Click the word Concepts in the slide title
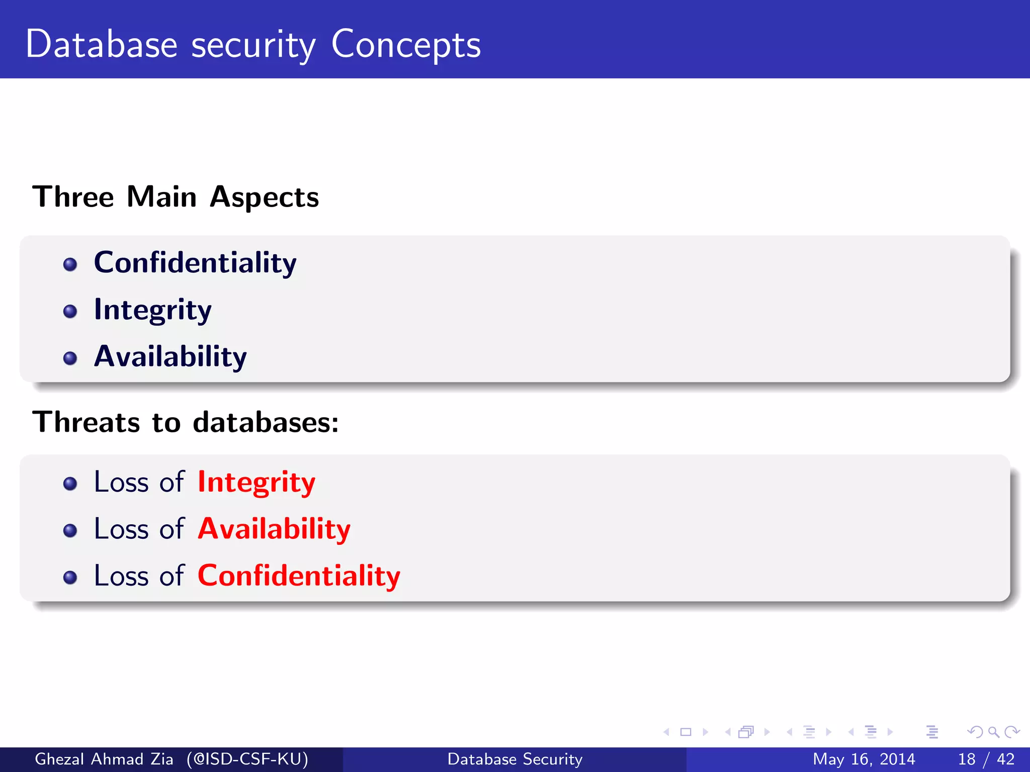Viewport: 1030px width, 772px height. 405,45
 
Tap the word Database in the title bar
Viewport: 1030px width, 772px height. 101,44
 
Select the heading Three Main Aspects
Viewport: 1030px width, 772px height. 176,197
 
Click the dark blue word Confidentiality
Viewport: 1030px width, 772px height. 195,263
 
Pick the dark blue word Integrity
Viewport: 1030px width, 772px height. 152,310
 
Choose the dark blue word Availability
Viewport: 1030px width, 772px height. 170,356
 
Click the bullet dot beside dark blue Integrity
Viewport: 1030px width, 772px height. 70,311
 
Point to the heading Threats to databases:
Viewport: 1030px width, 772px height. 186,422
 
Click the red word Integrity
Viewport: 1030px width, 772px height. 256,482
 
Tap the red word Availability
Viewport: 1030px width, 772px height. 274,529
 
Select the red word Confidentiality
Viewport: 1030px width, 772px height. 299,575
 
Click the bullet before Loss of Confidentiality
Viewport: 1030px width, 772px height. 70,577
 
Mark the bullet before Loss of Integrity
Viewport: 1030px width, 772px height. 70,484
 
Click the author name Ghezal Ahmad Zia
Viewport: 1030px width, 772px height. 104,759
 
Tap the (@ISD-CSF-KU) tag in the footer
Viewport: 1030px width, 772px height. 247,759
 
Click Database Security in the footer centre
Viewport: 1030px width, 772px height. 515,759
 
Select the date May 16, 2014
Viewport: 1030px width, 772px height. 864,759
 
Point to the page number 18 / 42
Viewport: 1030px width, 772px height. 986,759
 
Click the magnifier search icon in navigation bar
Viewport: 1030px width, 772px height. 993,732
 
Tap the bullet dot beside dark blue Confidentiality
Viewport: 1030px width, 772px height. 70,264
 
